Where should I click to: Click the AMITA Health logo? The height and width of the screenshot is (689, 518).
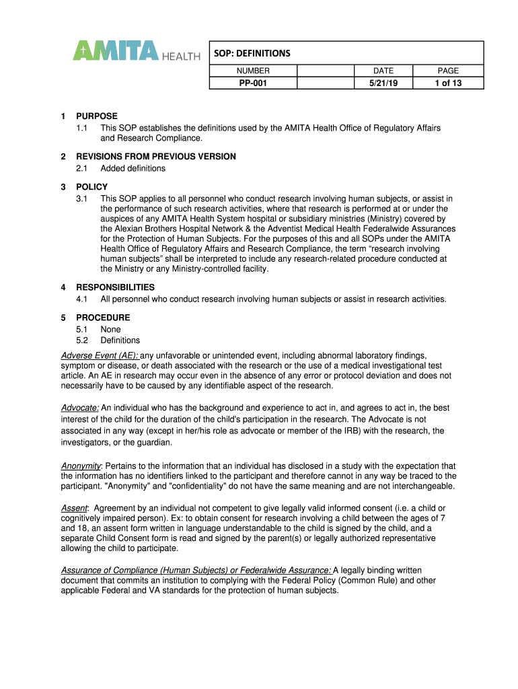(137, 51)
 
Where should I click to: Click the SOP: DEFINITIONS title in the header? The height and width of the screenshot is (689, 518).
(252, 53)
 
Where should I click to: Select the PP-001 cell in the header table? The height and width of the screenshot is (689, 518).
(252, 83)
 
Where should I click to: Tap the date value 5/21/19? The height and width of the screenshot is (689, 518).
(383, 83)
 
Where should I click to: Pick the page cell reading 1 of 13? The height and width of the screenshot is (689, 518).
(448, 83)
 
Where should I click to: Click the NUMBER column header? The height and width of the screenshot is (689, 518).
(252, 71)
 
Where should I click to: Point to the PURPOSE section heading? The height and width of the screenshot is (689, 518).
(96, 116)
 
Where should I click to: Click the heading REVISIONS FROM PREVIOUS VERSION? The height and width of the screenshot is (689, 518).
(155, 157)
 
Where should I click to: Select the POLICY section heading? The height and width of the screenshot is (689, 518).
(91, 187)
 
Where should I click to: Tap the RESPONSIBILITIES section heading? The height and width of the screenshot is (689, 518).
(115, 287)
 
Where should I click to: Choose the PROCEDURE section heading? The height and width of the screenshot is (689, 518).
(103, 318)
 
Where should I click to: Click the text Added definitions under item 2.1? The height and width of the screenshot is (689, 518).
(133, 168)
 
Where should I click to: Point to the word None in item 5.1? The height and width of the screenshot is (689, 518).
(110, 329)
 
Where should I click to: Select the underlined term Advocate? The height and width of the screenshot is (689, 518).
(80, 408)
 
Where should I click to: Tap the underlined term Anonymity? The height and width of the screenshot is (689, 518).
(81, 466)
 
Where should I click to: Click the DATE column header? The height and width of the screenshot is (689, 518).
(383, 71)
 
